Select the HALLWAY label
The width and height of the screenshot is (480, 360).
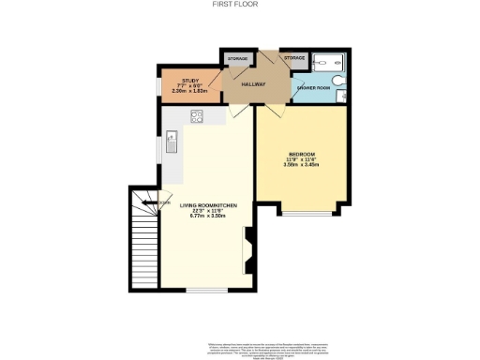point(254,84)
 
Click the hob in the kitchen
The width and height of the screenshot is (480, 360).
point(198,117)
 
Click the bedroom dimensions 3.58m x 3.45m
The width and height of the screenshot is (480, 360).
point(301,165)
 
